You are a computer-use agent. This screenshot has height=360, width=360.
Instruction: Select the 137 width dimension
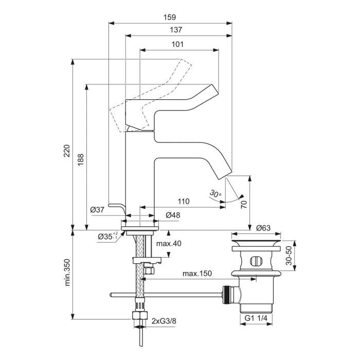[176, 30]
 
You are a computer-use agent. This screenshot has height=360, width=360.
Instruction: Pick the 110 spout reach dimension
[183, 201]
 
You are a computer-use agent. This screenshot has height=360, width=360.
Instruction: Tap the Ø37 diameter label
[97, 209]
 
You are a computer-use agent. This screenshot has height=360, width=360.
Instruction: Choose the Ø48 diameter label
[173, 215]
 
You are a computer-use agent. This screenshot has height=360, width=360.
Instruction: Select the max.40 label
[170, 243]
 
